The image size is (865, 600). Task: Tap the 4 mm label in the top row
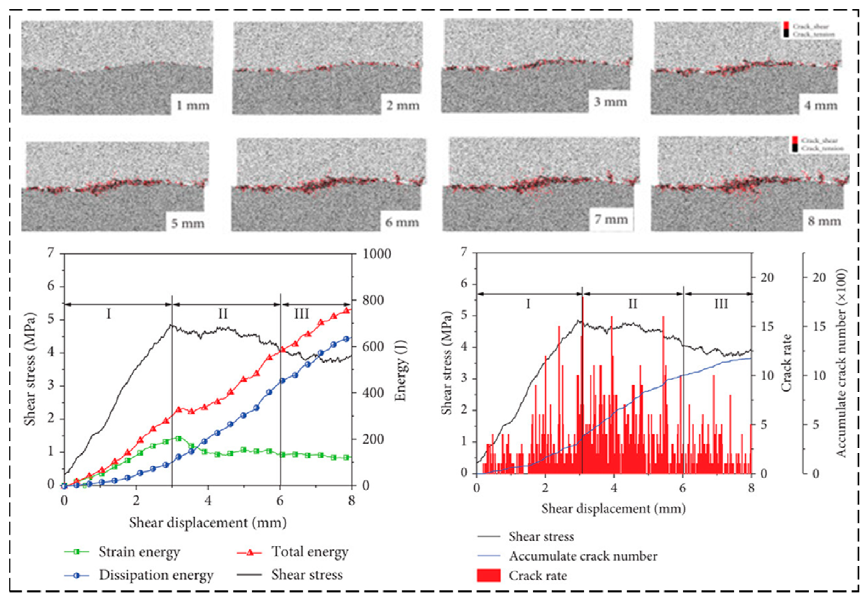click(821, 106)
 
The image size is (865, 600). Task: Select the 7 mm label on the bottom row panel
click(611, 220)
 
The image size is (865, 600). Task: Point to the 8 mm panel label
click(824, 221)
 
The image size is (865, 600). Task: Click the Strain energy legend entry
click(139, 552)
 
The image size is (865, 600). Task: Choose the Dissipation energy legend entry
click(156, 575)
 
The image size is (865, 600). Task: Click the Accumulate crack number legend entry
click(583, 556)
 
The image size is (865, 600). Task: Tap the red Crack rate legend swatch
click(488, 576)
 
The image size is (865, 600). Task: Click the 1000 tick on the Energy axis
click(376, 254)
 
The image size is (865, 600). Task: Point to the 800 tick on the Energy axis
click(372, 301)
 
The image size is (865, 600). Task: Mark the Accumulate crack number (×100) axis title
click(841, 363)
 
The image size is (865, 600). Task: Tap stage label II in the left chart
click(223, 313)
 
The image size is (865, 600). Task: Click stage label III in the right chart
click(721, 303)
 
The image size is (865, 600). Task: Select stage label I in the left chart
click(109, 313)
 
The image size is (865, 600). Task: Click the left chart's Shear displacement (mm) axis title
click(208, 523)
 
